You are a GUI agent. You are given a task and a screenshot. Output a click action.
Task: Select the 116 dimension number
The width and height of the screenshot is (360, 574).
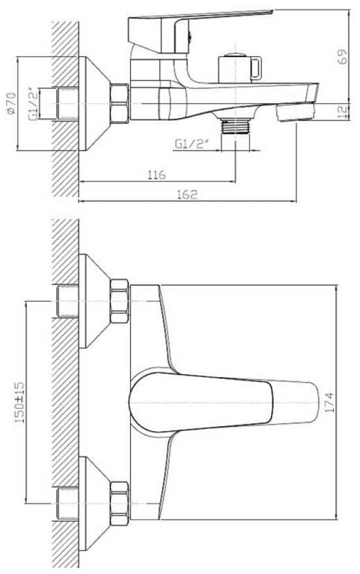157,175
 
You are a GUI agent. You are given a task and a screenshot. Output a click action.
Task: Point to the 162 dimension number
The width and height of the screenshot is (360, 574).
187,194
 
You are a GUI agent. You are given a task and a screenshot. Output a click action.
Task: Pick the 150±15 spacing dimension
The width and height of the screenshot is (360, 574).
19,402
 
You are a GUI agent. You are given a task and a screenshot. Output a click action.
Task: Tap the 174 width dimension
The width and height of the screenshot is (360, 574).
329,402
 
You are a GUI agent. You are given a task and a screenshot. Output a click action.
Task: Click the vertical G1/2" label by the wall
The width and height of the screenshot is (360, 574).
32,104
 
